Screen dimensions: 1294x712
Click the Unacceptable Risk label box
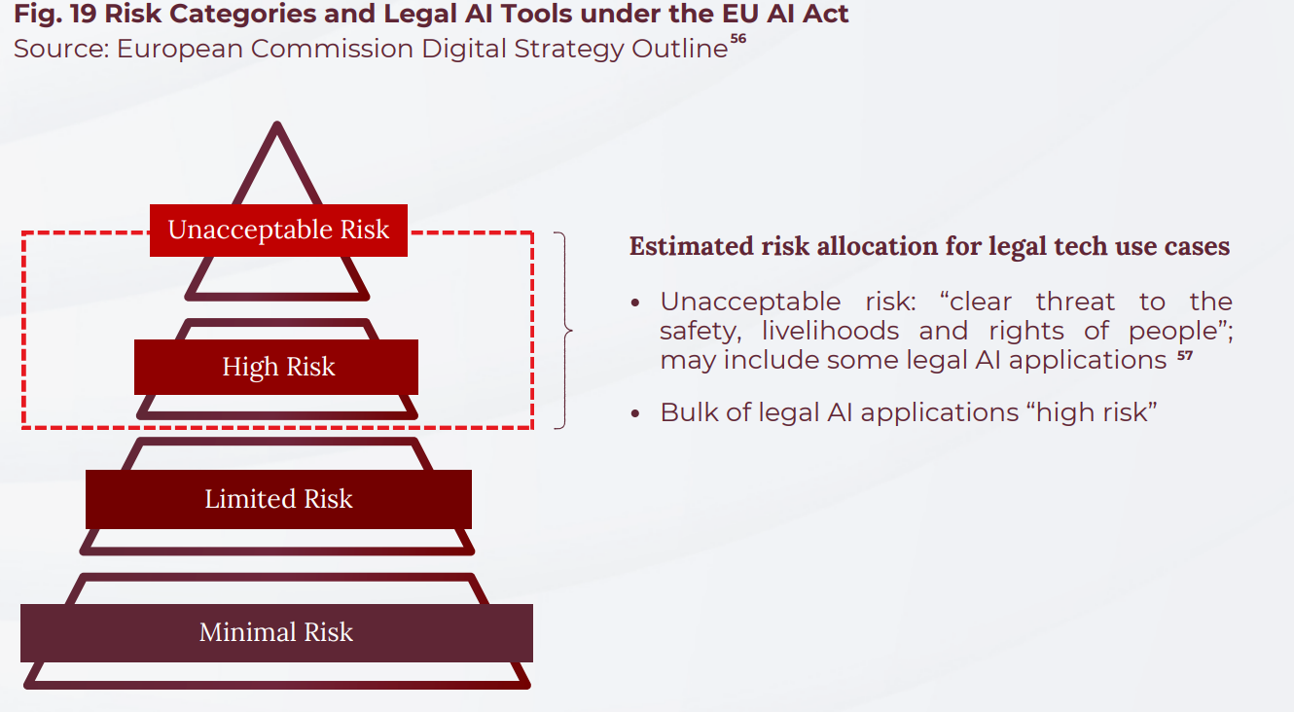[278, 231]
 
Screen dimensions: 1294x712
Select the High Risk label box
[276, 367]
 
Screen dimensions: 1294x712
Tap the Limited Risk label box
[278, 499]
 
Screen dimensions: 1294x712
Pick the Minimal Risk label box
[276, 632]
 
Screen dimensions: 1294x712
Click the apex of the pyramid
[278, 126]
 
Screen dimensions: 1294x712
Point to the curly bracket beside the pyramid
[561, 331]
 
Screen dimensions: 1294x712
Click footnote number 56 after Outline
[737, 39]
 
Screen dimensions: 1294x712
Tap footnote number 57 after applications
[1184, 356]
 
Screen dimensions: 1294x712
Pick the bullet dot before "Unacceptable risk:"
[635, 303]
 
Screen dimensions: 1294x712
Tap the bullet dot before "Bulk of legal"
[635, 413]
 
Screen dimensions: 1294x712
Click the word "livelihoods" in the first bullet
[830, 331]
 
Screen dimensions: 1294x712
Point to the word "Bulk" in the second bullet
[689, 412]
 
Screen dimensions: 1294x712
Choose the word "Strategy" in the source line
[561, 49]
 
